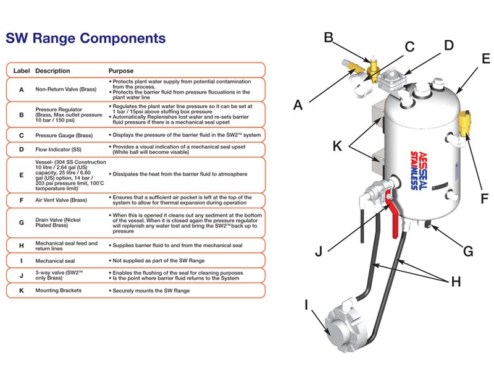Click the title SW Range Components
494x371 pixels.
pos(86,38)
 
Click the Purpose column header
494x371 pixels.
pos(121,70)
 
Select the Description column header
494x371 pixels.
pos(52,70)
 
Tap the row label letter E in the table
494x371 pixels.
pos(22,174)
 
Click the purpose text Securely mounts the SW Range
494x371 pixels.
pos(151,290)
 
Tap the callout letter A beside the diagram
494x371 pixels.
pos(298,105)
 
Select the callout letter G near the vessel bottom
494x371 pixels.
pos(468,252)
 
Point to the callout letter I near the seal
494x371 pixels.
pos(306,304)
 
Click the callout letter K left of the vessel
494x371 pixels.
pos(337,146)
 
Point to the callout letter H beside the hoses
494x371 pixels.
pos(456,282)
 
